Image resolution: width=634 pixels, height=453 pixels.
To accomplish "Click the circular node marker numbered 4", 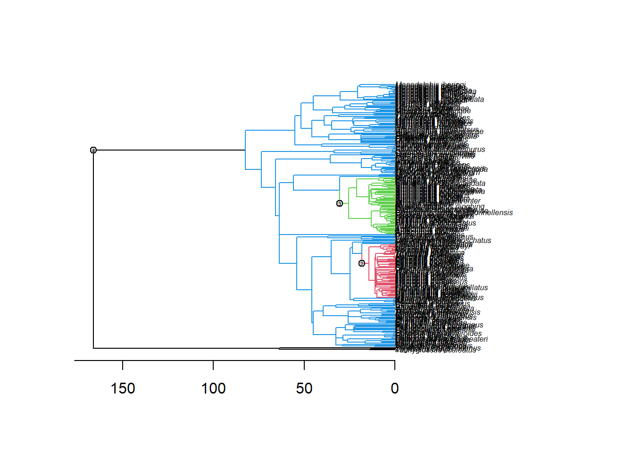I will point(93,150).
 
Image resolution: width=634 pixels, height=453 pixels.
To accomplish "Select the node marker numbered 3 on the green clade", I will point(340,203).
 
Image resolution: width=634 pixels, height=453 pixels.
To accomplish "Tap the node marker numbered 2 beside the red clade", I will point(362,263).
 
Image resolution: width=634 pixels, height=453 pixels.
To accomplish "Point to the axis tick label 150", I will point(123,388).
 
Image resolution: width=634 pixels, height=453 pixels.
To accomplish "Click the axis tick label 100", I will point(213,388).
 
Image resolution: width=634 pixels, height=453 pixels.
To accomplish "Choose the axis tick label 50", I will point(304,388).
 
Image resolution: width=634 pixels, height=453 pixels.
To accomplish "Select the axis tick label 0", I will point(395,388).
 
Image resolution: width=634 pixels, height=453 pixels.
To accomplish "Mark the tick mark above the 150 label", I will point(123,365).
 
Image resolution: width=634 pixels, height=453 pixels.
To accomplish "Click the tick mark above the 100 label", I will point(213,365).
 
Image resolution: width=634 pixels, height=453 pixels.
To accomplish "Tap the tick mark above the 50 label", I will point(304,365).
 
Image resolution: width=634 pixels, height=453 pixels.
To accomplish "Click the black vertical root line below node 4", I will point(93,250).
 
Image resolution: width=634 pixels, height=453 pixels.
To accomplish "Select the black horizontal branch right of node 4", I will point(170,150).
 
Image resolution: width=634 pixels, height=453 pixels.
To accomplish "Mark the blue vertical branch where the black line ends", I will point(245,150).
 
